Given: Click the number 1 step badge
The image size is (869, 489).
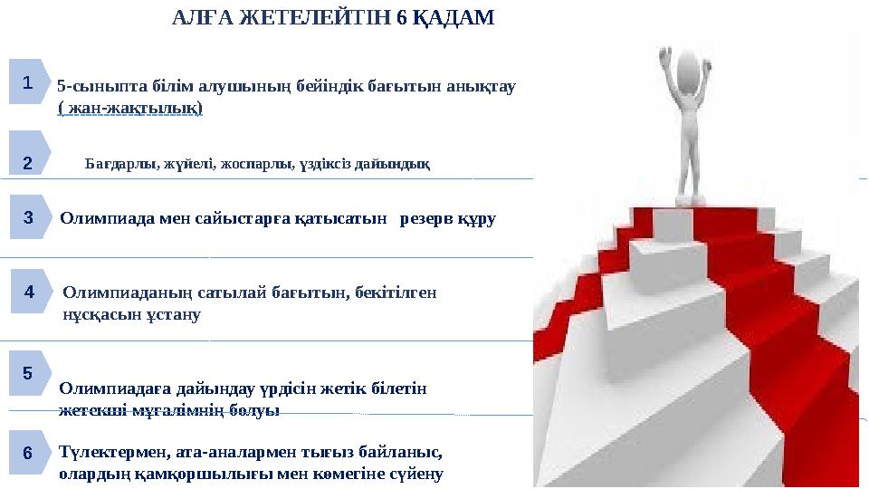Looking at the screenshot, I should [27, 82].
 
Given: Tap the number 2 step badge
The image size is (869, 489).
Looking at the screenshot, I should [27, 163].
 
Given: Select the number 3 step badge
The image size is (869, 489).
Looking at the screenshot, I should [28, 218].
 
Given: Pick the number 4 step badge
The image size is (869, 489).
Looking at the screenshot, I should [29, 292].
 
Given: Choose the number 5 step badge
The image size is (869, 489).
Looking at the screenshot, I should [27, 373].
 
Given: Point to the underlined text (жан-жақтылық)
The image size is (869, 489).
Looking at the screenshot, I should [130, 109].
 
